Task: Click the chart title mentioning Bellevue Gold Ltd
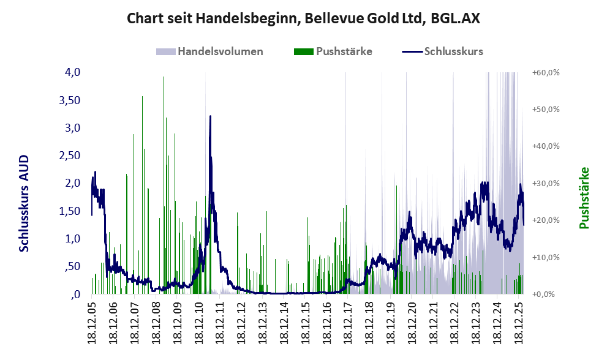(303, 18)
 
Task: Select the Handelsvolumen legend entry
(221, 51)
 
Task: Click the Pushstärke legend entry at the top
(344, 51)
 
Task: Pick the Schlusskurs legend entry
(453, 51)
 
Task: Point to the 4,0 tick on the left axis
(72, 72)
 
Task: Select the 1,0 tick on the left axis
(72, 239)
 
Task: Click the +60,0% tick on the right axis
(546, 72)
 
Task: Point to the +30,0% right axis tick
(546, 183)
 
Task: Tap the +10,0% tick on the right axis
(546, 257)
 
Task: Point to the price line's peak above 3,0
(210, 116)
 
